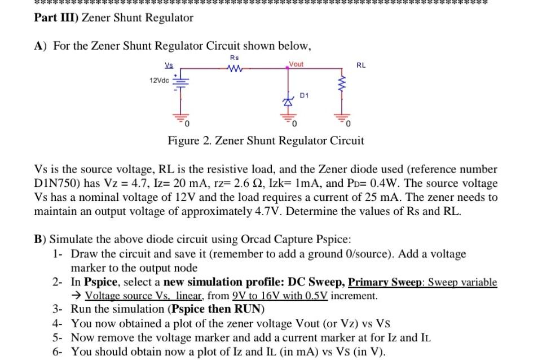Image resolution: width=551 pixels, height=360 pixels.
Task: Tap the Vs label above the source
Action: pos(169,64)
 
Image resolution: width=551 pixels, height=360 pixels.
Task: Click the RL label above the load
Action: pos(361,65)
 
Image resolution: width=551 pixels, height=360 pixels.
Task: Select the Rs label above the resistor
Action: pos(235,58)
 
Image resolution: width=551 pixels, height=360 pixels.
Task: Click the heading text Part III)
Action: pos(56,17)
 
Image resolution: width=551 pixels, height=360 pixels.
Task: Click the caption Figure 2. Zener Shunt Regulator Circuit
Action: pos(266,141)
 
